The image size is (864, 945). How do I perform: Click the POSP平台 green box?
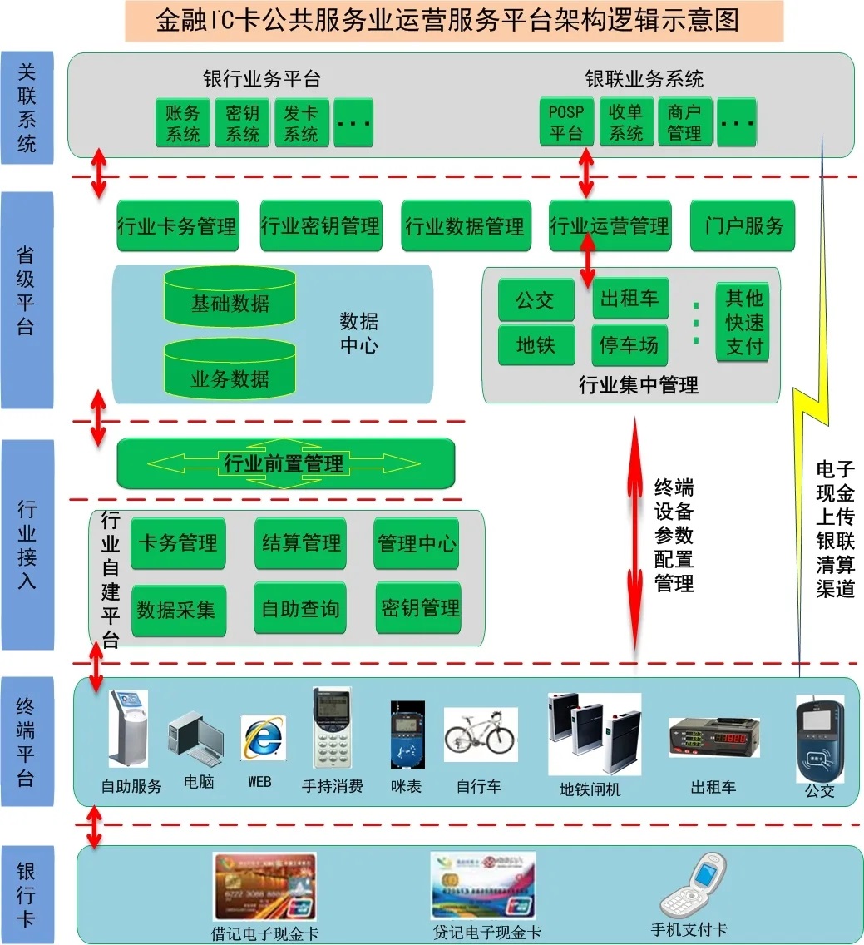click(566, 122)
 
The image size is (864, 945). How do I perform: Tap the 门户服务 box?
click(743, 225)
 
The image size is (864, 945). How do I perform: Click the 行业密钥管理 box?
click(320, 225)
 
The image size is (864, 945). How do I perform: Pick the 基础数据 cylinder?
click(230, 301)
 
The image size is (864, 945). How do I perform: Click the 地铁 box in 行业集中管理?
click(536, 344)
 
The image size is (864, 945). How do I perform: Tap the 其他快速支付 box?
click(743, 323)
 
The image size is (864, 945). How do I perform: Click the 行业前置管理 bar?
click(285, 463)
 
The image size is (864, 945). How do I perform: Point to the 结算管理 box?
click(300, 543)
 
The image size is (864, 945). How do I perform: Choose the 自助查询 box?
click(300, 609)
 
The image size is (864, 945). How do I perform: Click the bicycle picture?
click(480, 735)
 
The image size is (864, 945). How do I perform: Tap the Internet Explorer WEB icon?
click(263, 737)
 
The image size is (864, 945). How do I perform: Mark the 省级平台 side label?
click(27, 300)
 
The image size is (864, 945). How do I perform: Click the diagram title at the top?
click(454, 21)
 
